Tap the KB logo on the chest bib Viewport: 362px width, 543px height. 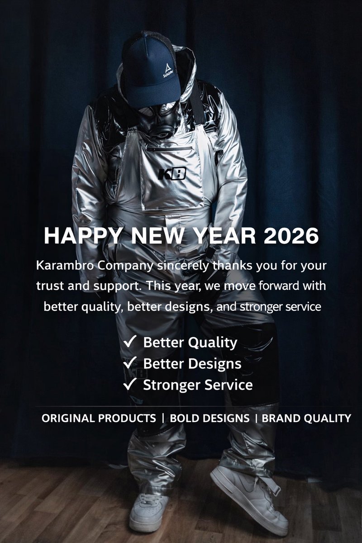[172, 174]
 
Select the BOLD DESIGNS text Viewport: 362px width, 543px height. [209, 419]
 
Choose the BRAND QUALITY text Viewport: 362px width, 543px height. [306, 419]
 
